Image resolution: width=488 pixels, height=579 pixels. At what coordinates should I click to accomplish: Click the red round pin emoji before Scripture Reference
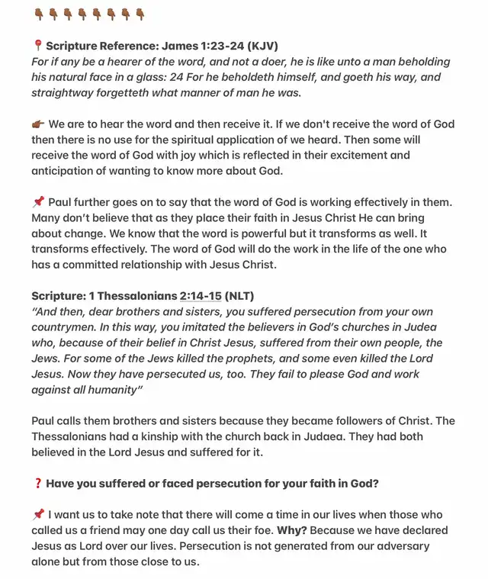click(x=37, y=46)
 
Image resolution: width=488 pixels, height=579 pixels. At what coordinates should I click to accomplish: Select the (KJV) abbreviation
click(x=262, y=46)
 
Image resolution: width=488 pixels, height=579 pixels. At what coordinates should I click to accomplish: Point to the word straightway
click(x=65, y=92)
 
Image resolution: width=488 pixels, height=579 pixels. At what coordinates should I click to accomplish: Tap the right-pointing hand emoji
click(x=38, y=124)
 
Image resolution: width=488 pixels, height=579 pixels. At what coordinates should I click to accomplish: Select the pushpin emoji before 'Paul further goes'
click(x=38, y=202)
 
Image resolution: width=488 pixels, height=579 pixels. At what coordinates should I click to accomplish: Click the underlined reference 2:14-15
click(x=201, y=296)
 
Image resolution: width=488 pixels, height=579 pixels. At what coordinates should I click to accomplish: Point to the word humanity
click(x=108, y=390)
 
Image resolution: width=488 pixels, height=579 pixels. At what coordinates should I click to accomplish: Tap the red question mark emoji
click(x=37, y=484)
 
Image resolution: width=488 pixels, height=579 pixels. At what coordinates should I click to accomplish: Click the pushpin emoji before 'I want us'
click(x=38, y=515)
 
